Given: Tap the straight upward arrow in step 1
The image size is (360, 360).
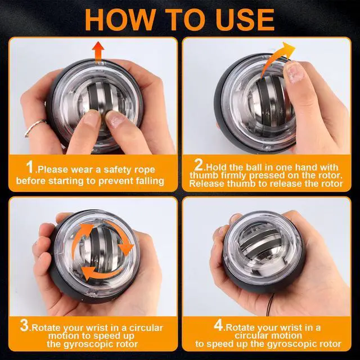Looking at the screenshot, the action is coord(98,52).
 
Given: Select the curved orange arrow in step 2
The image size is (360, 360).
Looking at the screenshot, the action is coord(277,58).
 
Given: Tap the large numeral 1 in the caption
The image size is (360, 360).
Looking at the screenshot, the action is coord(30,167).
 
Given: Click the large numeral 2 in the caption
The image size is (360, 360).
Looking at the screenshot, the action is coord(199,164).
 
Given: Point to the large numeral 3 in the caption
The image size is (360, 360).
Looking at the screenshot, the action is coord(24,325).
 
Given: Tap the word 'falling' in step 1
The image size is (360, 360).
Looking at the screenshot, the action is coord(150,181).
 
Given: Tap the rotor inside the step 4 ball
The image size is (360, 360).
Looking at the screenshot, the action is coord(260,246).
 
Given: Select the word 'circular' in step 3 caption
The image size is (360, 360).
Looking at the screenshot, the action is coord(146,327).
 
